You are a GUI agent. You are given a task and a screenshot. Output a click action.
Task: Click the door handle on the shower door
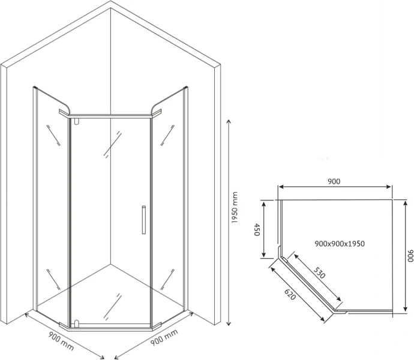point(143,220)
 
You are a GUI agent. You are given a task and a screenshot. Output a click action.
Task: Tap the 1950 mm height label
point(235,208)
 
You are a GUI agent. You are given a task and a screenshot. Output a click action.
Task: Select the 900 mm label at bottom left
point(61,341)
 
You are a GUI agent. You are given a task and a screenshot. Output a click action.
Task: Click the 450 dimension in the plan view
point(257,230)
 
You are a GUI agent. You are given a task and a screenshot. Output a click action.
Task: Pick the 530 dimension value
point(319,273)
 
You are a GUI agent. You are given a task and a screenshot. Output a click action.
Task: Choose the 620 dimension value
point(289,294)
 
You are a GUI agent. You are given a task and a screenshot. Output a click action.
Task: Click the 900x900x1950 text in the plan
point(340,244)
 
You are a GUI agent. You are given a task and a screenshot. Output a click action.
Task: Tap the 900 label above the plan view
point(334,181)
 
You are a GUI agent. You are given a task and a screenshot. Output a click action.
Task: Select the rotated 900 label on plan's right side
point(410,256)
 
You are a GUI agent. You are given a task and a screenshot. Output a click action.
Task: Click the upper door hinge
point(77,121)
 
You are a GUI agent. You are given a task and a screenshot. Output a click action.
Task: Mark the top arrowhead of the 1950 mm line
point(229,121)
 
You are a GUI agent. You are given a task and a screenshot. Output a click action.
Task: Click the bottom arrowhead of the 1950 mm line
point(229,323)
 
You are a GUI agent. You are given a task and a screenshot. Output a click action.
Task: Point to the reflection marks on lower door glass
point(113,306)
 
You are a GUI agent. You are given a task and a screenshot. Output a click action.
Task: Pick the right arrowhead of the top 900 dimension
point(389,187)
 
